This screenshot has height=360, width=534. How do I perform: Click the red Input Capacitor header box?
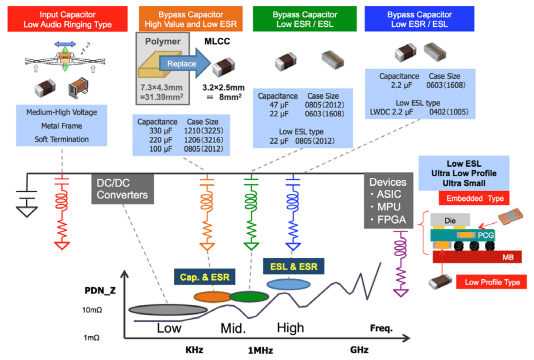pyautogui.click(x=67, y=19)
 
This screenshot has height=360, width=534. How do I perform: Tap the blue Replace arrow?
pyautogui.click(x=185, y=63)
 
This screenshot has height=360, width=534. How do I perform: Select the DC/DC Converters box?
pyautogui.click(x=123, y=189)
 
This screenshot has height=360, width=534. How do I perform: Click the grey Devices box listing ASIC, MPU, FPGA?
pyautogui.click(x=389, y=200)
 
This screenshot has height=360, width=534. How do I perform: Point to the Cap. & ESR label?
pyautogui.click(x=205, y=277)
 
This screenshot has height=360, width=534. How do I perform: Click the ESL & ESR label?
pyautogui.click(x=294, y=266)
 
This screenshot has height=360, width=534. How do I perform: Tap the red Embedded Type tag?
pyautogui.click(x=474, y=198)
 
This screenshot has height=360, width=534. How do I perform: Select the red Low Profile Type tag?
pyautogui.click(x=492, y=282)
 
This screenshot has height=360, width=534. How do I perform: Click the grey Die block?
pyautogui.click(x=450, y=220)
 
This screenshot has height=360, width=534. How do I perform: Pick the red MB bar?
pyautogui.click(x=477, y=257)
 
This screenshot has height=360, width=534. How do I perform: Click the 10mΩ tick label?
pyautogui.click(x=92, y=310)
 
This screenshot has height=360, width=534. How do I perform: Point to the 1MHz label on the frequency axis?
pyautogui.click(x=260, y=350)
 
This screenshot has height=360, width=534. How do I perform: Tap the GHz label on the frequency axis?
pyautogui.click(x=359, y=350)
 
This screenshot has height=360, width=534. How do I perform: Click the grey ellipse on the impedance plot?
pyautogui.click(x=168, y=309)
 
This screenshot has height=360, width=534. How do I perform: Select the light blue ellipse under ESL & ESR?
pyautogui.click(x=288, y=284)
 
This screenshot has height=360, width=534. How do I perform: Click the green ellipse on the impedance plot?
pyautogui.click(x=249, y=297)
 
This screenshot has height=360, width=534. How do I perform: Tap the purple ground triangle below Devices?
pyautogui.click(x=401, y=293)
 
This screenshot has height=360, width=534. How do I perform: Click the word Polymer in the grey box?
pyautogui.click(x=163, y=41)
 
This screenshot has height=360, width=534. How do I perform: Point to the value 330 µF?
pyautogui.click(x=160, y=131)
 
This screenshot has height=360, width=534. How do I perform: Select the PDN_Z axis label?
pyautogui.click(x=100, y=290)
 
